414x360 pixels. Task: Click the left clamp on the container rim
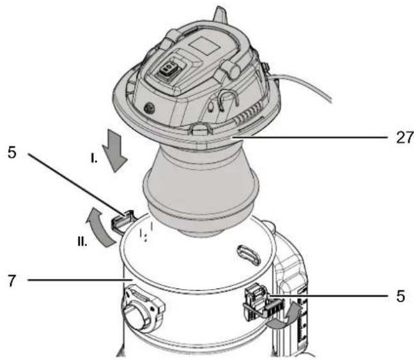121,220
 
